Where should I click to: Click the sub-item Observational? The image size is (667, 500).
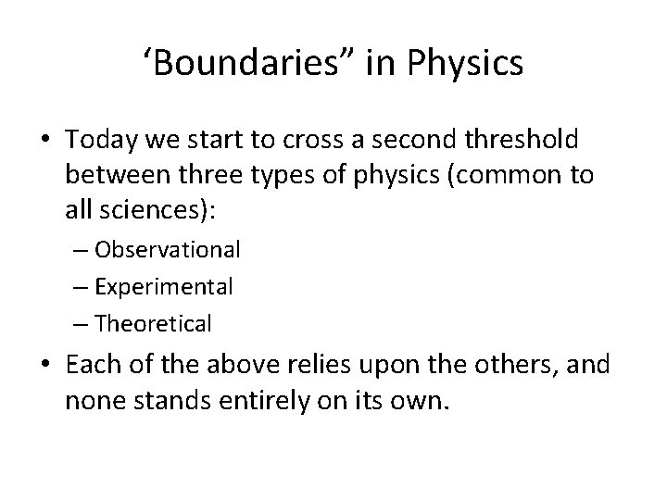167,250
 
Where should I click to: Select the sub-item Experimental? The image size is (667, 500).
163,287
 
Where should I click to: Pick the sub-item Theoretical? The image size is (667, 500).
153,324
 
